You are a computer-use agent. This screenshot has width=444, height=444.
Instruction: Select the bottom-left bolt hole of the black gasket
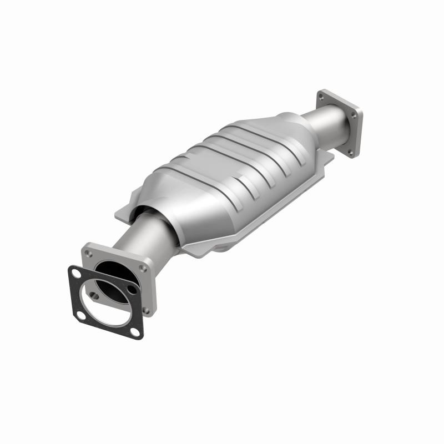pyautogui.click(x=82, y=315)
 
